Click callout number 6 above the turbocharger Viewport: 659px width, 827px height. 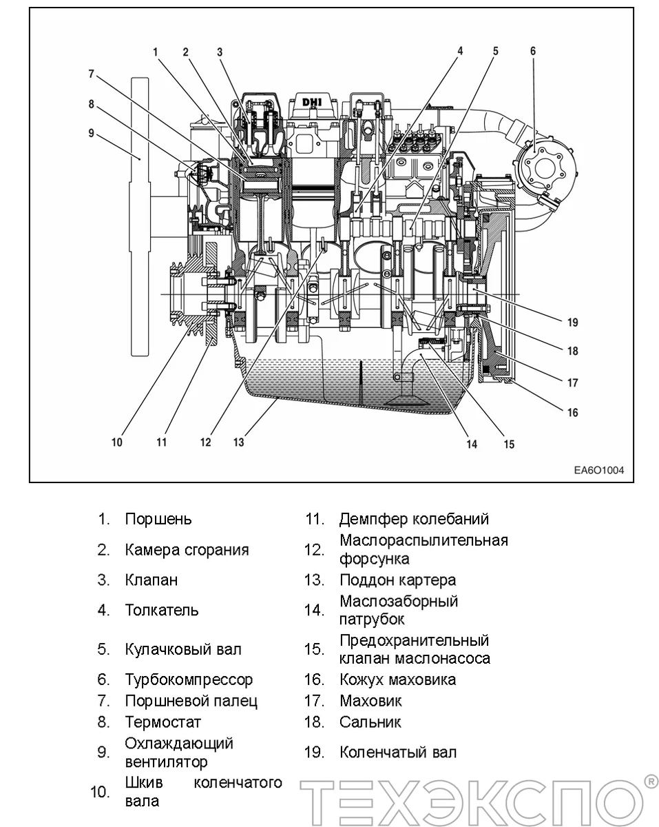coord(533,51)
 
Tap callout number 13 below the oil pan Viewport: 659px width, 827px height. coord(238,442)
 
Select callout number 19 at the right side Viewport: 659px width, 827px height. coord(572,322)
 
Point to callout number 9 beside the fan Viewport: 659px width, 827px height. coord(91,133)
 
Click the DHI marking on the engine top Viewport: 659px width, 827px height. coord(312,102)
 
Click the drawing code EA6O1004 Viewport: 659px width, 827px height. coord(598,471)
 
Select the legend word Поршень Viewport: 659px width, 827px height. coord(158,519)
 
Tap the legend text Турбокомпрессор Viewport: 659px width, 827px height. coord(189,680)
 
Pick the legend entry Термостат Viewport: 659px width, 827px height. coord(163,722)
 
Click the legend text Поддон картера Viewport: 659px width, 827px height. coord(397,580)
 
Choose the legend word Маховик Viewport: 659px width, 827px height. coord(370,701)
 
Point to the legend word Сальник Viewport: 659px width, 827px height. coord(370,722)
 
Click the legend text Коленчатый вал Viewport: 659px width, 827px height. coord(397,752)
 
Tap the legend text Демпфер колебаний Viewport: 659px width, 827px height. coord(414,519)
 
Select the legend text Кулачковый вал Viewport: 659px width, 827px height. coord(183,649)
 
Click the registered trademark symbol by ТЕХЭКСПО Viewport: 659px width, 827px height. coord(649,781)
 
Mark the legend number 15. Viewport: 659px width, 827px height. coord(313,649)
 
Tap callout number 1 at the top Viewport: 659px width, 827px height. coord(156,52)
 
